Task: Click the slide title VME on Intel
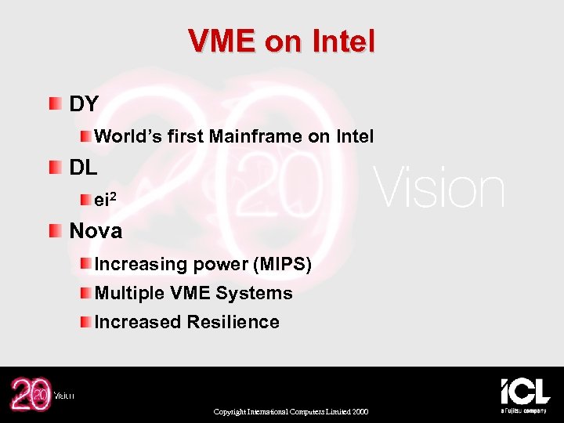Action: [282, 41]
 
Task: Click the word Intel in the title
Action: [343, 41]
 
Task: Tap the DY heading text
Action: [84, 104]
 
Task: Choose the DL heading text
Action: [84, 168]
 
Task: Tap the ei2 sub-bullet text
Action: [106, 200]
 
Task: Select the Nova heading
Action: [96, 231]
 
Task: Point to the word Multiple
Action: [129, 294]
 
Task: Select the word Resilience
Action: [236, 322]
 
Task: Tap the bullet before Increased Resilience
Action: [85, 321]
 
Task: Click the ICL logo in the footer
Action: [525, 393]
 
